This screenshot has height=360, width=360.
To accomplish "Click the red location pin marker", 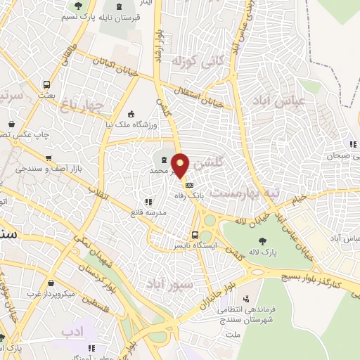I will (181, 165).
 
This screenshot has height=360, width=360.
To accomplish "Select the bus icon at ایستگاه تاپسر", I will (195, 235).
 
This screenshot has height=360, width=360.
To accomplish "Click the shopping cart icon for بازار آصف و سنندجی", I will (48, 158).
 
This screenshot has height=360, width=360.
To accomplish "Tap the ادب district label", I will (72, 331).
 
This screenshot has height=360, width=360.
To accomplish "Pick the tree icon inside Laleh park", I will (262, 241).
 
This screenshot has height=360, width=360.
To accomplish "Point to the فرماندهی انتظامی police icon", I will (245, 299).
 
